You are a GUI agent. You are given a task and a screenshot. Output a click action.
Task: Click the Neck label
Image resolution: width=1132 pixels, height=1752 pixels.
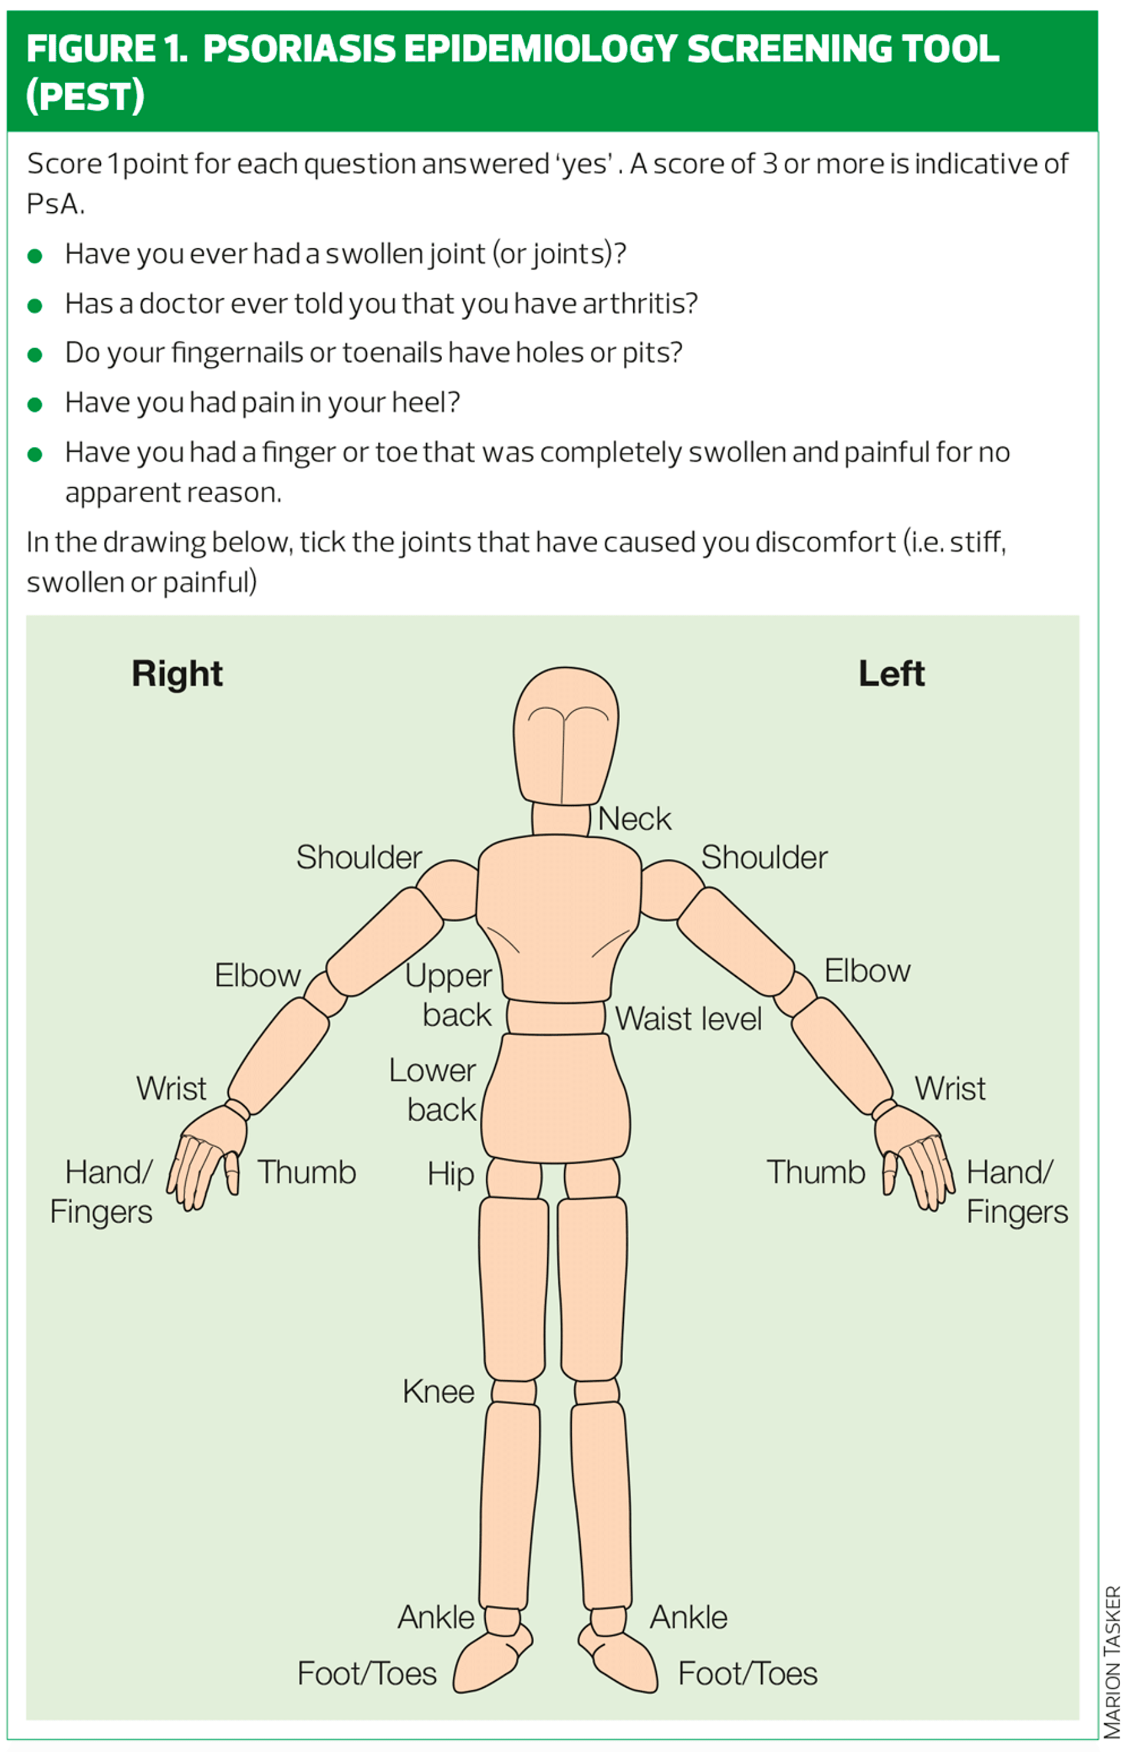pyautogui.click(x=634, y=819)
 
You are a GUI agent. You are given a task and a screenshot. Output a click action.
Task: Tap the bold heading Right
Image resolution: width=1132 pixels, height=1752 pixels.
pyautogui.click(x=177, y=673)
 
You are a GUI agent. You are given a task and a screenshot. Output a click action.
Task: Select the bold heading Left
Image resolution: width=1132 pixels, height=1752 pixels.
pyautogui.click(x=891, y=673)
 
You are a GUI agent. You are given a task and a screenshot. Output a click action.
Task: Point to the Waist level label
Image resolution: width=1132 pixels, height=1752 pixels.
pyautogui.click(x=688, y=1019)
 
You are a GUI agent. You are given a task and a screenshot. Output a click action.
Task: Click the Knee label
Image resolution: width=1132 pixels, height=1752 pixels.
pyautogui.click(x=438, y=1391)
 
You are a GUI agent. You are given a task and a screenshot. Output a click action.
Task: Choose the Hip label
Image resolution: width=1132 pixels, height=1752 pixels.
pyautogui.click(x=450, y=1174)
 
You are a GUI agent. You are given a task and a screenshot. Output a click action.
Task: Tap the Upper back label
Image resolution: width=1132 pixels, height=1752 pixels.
pyautogui.click(x=449, y=995)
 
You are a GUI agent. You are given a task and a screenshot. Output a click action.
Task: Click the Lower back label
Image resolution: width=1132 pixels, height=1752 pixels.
pyautogui.click(x=434, y=1090)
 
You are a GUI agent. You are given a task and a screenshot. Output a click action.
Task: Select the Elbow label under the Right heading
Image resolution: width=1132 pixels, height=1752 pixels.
pyautogui.click(x=257, y=975)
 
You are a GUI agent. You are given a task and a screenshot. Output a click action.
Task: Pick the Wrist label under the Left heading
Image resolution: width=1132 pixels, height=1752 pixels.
pyautogui.click(x=950, y=1088)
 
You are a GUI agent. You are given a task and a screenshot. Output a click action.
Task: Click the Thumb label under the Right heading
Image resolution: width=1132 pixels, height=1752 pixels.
pyautogui.click(x=307, y=1172)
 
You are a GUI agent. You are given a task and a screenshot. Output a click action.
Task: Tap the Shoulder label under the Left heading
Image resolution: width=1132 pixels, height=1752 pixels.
pyautogui.click(x=764, y=857)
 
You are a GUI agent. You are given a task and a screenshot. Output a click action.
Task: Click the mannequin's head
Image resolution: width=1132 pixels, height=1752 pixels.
pyautogui.click(x=565, y=735)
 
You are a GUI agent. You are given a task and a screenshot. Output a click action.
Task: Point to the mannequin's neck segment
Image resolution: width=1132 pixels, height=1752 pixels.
pyautogui.click(x=561, y=819)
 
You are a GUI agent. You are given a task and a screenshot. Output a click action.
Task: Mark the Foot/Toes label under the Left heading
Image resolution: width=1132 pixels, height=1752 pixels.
pyautogui.click(x=748, y=1674)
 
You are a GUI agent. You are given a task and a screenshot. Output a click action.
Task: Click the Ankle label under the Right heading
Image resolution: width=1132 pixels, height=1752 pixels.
pyautogui.click(x=436, y=1617)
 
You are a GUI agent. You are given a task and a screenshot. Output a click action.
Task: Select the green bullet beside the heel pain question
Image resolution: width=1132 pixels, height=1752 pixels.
pyautogui.click(x=35, y=404)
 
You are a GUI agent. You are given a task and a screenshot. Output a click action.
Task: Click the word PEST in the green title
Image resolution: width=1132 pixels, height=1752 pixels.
pyautogui.click(x=85, y=96)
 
